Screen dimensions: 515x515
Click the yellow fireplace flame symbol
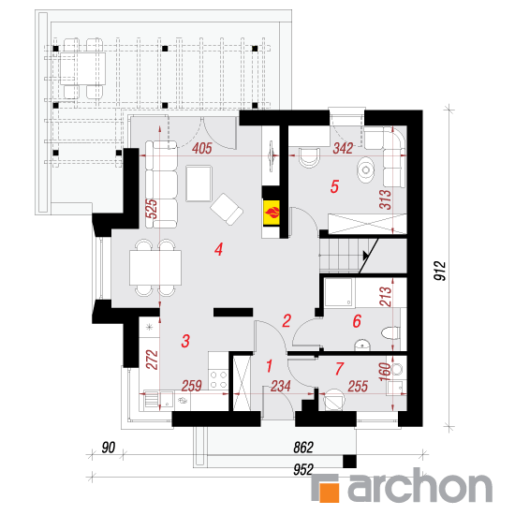[272, 213]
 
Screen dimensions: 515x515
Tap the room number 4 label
[219, 249]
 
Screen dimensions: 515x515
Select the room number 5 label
[334, 186]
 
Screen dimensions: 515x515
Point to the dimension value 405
[202, 149]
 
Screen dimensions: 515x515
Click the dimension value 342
[343, 149]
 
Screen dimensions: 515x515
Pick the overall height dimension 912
[440, 271]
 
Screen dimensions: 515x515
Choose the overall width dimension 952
[303, 470]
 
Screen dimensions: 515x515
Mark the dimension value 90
[109, 448]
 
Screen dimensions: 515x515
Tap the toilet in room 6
[390, 333]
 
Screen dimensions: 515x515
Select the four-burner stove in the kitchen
[218, 379]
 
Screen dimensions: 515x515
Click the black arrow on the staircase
[366, 255]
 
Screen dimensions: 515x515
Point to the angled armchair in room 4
[227, 209]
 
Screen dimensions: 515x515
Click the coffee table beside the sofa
[199, 184]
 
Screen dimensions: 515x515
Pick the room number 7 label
[339, 369]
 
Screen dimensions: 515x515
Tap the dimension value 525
[152, 209]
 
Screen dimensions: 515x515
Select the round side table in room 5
[365, 169]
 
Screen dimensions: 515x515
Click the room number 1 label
[270, 366]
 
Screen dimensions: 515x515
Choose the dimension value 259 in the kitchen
[192, 386]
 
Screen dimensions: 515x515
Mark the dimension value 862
[303, 448]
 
